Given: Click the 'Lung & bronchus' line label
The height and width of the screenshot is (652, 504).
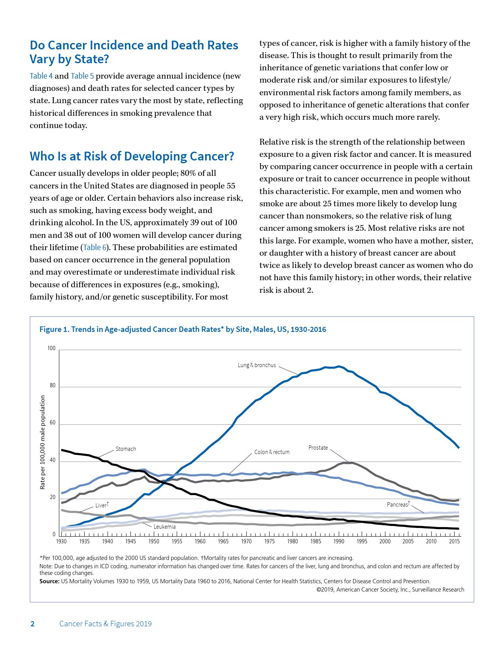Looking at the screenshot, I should click(x=257, y=365).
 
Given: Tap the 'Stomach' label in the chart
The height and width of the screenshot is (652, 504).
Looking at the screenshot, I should click(x=126, y=449).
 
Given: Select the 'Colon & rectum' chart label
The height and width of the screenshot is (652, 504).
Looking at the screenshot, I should click(x=272, y=452).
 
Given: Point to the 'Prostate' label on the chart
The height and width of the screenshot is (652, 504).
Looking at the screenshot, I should click(x=318, y=448).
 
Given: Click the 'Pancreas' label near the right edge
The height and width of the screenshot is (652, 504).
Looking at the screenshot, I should click(x=398, y=505).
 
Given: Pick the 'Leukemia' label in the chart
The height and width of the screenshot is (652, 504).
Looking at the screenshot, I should click(x=164, y=527).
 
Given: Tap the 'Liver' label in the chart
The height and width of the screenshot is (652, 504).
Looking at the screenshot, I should click(x=101, y=505).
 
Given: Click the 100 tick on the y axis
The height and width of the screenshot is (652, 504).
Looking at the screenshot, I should click(x=51, y=348).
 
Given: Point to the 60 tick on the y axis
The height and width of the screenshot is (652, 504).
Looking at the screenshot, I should click(x=53, y=423).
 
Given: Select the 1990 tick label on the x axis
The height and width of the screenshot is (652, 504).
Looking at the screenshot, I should click(x=339, y=541).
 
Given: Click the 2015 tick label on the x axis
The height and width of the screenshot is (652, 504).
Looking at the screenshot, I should click(x=454, y=541).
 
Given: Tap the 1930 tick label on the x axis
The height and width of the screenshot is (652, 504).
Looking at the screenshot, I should click(x=61, y=541).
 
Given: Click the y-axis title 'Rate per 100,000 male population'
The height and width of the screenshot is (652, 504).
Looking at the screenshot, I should click(x=42, y=443).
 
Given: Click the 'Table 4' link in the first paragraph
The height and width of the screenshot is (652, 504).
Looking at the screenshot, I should click(x=41, y=76).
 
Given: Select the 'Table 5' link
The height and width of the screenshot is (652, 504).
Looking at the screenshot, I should click(x=82, y=76).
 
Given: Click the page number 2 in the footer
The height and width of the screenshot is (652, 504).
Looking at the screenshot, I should click(x=32, y=624).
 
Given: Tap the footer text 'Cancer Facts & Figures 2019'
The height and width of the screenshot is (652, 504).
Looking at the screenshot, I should click(x=106, y=624).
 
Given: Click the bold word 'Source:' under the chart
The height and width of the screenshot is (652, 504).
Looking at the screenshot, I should click(x=49, y=581).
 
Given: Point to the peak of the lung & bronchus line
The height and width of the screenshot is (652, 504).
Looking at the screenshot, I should click(x=339, y=367).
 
